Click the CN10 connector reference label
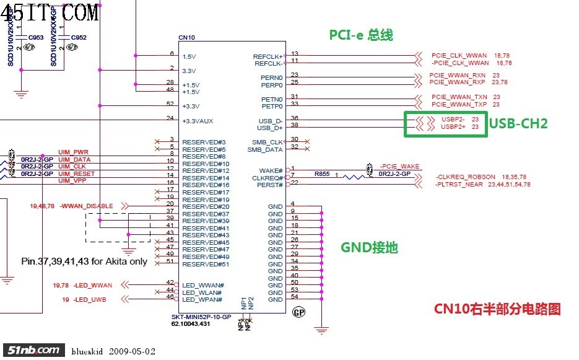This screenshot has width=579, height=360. pyautogui.click(x=186, y=38)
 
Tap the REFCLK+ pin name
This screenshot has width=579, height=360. pyautogui.click(x=268, y=56)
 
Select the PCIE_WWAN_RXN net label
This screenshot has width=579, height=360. pyautogui.click(x=457, y=76)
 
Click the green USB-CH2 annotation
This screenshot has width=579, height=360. pyautogui.click(x=518, y=124)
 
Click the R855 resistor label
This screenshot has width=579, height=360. pyautogui.click(x=321, y=174)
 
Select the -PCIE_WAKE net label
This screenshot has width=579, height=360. pyautogui.click(x=400, y=166)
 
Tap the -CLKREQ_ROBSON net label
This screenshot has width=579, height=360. pyautogui.click(x=466, y=177)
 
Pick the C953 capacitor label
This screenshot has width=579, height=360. pyautogui.click(x=37, y=38)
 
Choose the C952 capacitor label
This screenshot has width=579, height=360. pyautogui.click(x=79, y=38)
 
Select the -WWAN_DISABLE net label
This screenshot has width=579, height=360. pyautogui.click(x=87, y=206)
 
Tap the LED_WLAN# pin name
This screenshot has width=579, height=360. pyautogui.click(x=202, y=292)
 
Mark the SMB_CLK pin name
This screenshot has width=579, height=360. pyautogui.click(x=268, y=143)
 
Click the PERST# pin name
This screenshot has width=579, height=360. pyautogui.click(x=271, y=185)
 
